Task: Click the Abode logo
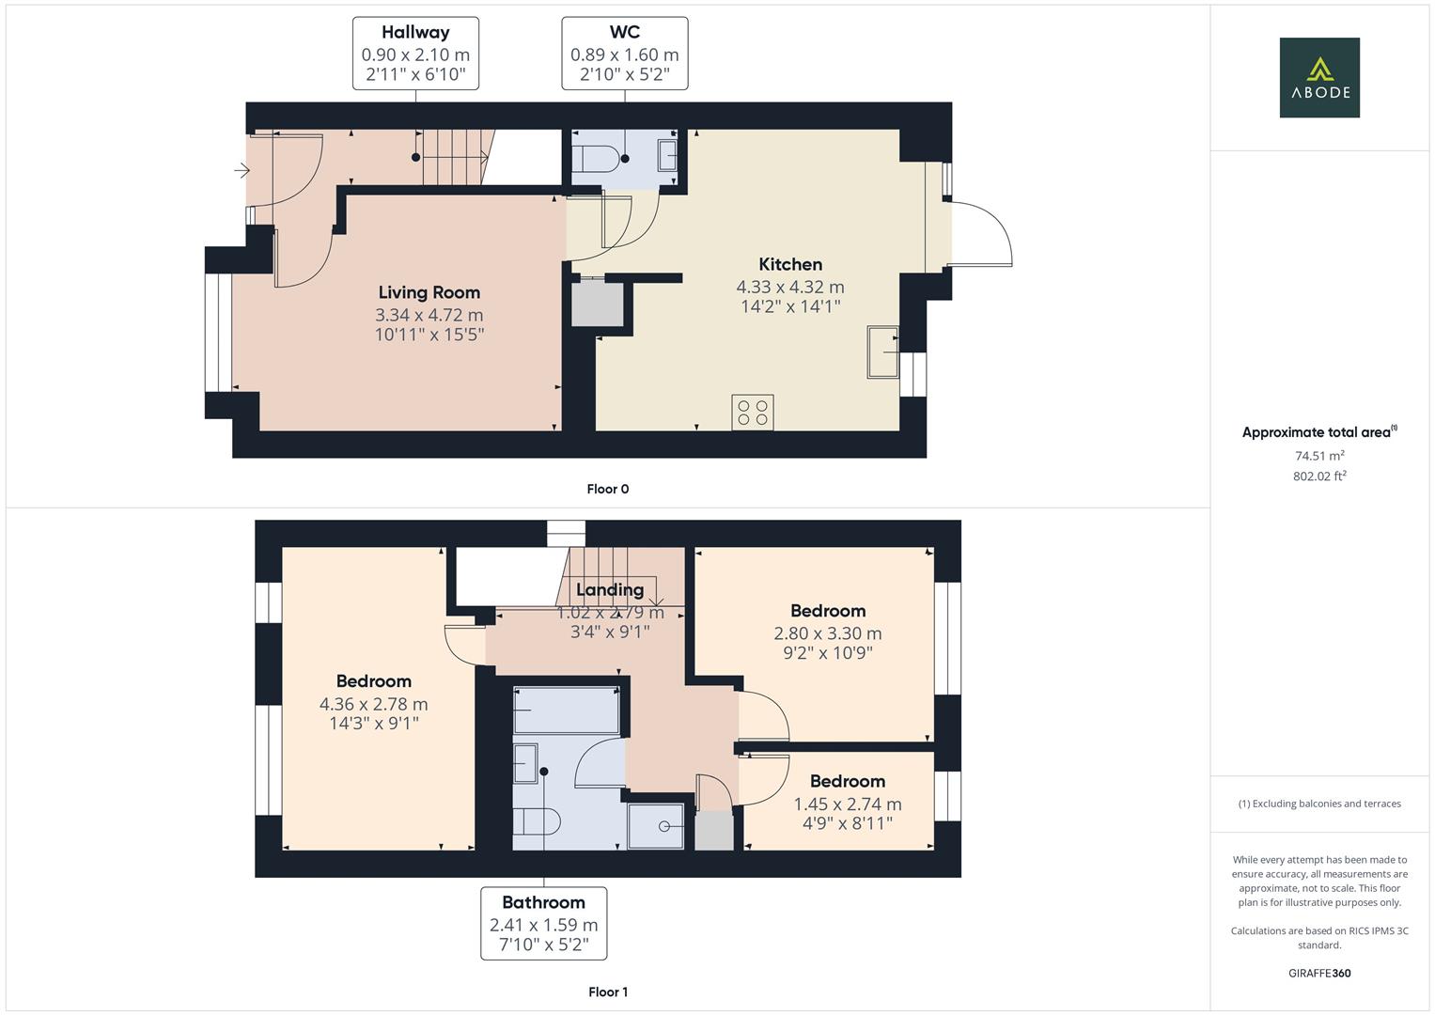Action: tap(1318, 77)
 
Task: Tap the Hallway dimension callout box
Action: tap(415, 54)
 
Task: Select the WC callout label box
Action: tap(624, 54)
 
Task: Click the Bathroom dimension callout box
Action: tap(543, 923)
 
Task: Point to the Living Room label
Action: tap(429, 293)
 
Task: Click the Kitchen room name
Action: tap(790, 265)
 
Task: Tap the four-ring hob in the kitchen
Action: tap(753, 413)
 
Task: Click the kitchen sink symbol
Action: tap(882, 351)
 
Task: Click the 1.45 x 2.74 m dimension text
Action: tap(848, 804)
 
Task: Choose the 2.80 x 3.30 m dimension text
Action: tap(828, 633)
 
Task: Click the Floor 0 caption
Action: tap(607, 489)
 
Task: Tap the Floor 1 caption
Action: tap(607, 992)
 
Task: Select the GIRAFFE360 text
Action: tap(1318, 973)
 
